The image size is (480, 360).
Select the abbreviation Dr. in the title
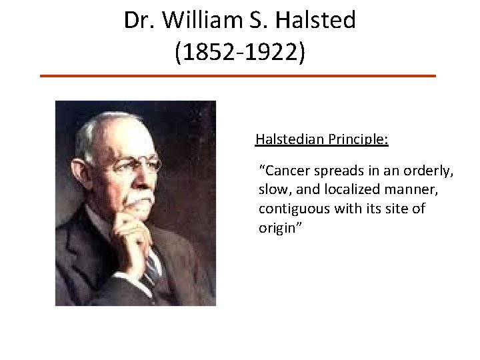[139, 21]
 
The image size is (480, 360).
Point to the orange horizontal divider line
[237, 76]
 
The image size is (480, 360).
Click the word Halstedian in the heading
[288, 140]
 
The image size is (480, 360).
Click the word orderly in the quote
[429, 171]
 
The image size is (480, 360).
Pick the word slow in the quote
[272, 189]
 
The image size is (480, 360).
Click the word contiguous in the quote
[293, 209]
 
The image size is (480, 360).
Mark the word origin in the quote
[276, 227]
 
